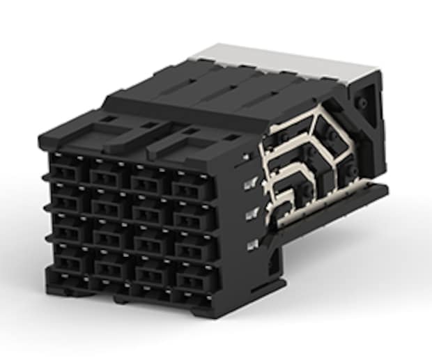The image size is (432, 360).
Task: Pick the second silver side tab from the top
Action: (x=249, y=185)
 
